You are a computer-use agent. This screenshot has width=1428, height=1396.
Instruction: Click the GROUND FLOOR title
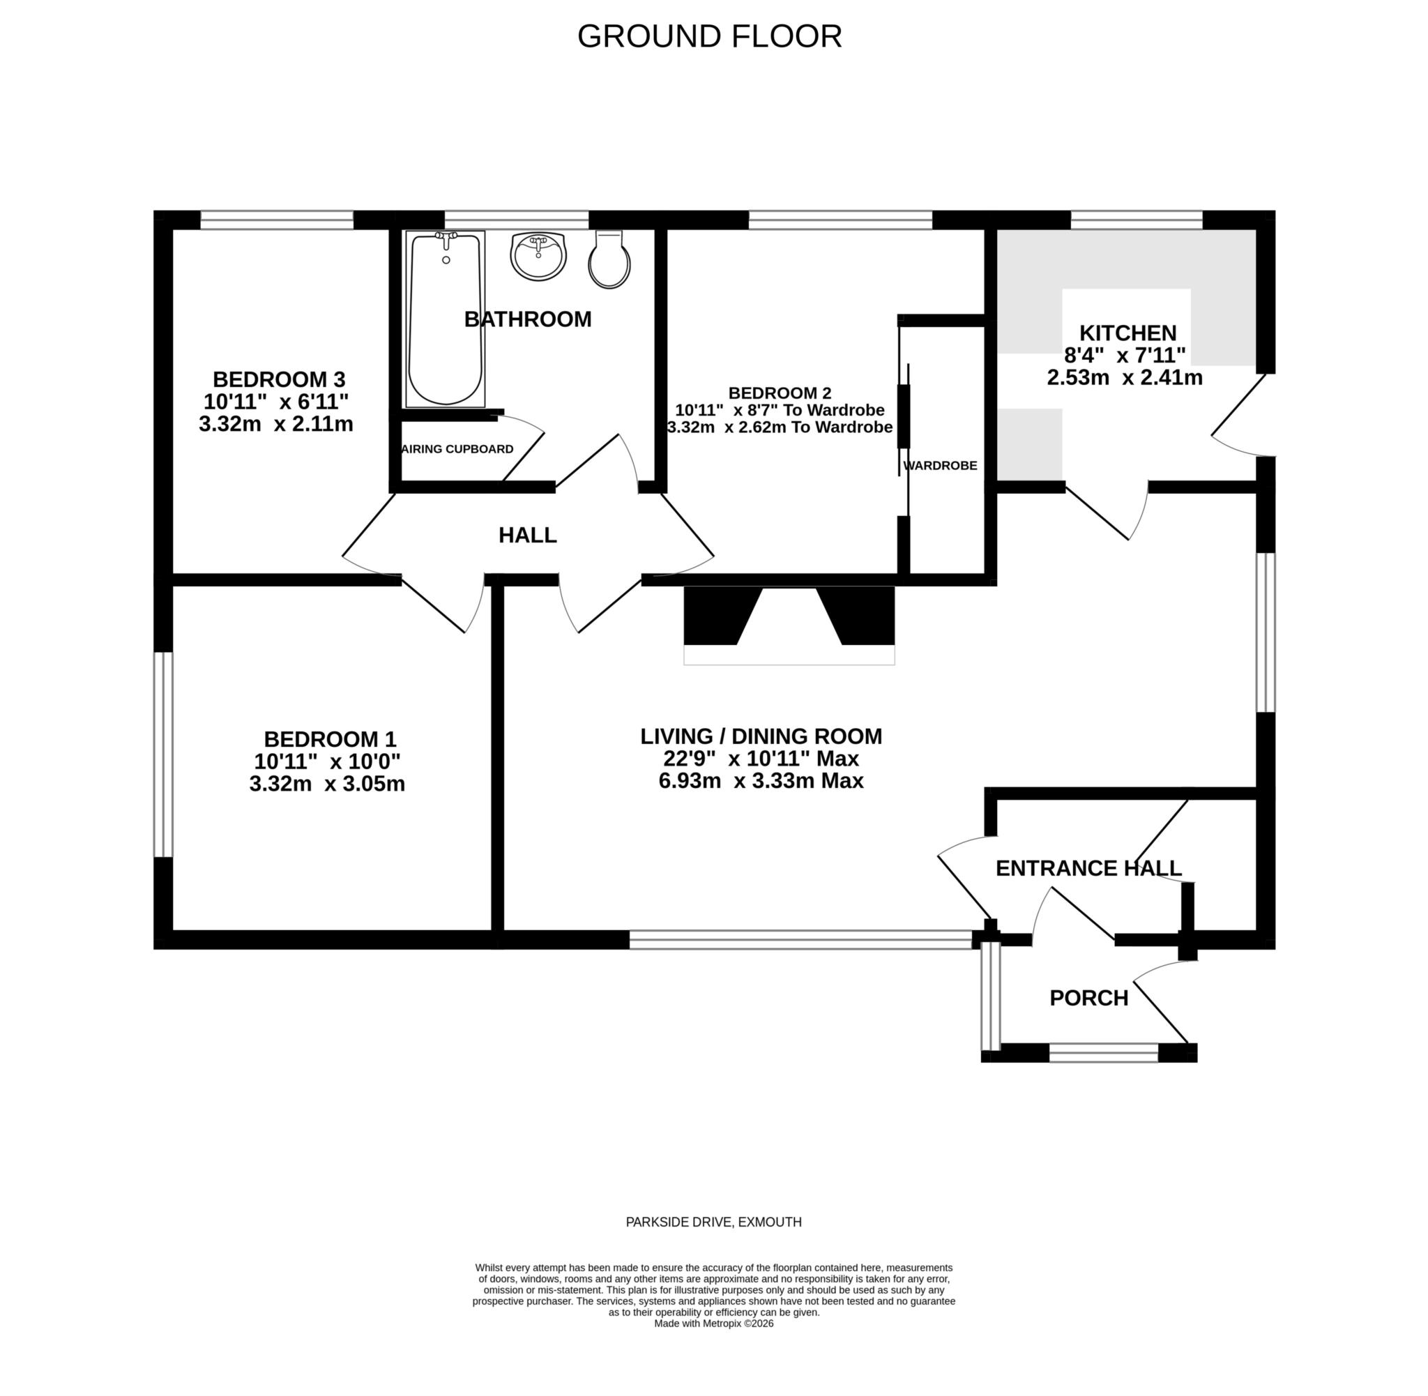point(709,37)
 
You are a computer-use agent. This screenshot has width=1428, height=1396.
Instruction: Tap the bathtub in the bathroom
point(445,320)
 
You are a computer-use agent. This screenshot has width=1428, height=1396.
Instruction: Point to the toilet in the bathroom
point(609,260)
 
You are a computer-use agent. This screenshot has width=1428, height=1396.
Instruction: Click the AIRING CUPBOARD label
point(458,450)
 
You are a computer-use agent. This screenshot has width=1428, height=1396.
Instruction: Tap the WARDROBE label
point(940,466)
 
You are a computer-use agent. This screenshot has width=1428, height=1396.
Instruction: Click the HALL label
point(527,536)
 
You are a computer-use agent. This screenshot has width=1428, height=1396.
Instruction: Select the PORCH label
point(1088,998)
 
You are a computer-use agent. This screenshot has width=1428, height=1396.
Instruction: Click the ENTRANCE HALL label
point(1088,868)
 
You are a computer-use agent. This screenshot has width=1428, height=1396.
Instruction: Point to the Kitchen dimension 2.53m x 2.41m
point(1124,379)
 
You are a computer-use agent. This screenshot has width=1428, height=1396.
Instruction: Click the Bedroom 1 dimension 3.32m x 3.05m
point(327,784)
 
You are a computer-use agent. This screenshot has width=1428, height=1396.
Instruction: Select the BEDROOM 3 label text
point(279,380)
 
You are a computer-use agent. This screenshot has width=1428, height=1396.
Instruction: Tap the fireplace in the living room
point(789,625)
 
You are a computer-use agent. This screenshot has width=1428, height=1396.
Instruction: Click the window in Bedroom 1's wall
point(163,754)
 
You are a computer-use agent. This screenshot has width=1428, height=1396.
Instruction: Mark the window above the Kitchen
point(1137,220)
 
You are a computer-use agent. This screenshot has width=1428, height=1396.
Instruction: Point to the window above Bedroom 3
point(276,220)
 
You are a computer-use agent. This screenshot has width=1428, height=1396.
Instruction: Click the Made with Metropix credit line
point(713,1323)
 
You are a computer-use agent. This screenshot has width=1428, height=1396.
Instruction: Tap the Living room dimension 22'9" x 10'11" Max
point(760,758)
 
